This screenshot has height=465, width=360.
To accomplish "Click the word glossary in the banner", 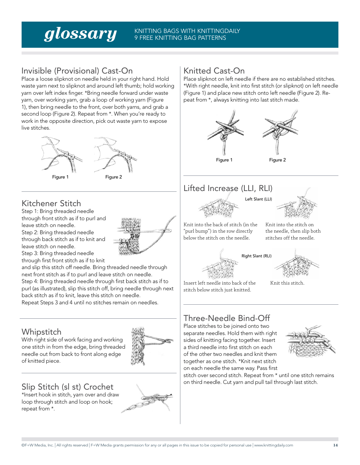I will (80, 34).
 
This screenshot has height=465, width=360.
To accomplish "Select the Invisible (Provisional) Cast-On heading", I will (77, 71).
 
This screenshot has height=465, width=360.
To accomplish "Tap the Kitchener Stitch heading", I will (51, 203).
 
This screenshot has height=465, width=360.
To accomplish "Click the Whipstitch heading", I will (41, 332).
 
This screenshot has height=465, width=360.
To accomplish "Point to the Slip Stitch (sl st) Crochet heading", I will (67, 387).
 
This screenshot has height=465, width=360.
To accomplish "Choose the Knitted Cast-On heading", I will (214, 71).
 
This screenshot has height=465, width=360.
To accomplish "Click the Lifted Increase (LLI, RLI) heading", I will (228, 188).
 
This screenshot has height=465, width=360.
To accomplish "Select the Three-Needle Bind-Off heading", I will (227, 318).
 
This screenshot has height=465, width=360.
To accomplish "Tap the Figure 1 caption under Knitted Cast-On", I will (224, 160).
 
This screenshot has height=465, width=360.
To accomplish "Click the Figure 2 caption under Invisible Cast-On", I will (114, 177).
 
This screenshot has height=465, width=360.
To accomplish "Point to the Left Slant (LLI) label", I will (258, 199).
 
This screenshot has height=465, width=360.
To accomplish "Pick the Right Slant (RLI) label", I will (257, 256).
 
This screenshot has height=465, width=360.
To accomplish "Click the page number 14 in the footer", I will (335, 445).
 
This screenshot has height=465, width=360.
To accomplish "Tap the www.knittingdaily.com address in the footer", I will (273, 445).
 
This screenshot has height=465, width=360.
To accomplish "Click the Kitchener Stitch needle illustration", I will (146, 235).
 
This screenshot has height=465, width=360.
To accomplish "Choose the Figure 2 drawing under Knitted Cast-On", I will (280, 131).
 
